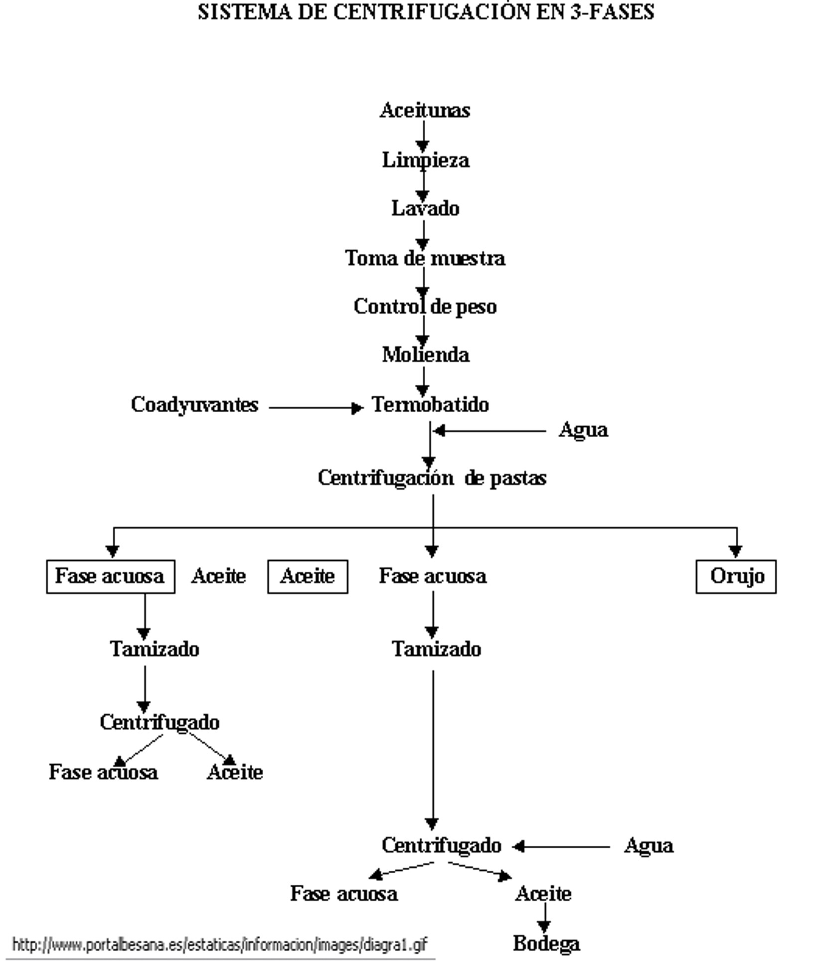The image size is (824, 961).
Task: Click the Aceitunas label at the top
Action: [425, 110]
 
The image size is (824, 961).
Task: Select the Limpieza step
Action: [425, 160]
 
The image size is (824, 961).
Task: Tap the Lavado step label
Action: [425, 208]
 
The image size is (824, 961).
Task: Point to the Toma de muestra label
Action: [425, 258]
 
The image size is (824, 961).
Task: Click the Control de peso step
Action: [425, 307]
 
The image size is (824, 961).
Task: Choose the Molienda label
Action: [425, 355]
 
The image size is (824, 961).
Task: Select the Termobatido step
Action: [430, 404]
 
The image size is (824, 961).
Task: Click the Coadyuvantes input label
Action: [194, 404]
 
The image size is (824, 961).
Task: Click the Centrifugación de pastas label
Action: [432, 478]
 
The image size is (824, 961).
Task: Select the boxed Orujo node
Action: [736, 576]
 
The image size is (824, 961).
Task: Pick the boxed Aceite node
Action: [308, 576]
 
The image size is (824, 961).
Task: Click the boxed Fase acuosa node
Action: [110, 576]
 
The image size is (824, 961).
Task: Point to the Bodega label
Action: [546, 943]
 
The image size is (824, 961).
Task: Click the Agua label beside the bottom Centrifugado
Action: [649, 845]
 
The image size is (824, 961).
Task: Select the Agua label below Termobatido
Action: [583, 430]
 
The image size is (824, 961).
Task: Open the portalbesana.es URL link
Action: [219, 944]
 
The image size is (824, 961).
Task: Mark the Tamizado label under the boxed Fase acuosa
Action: [155, 649]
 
